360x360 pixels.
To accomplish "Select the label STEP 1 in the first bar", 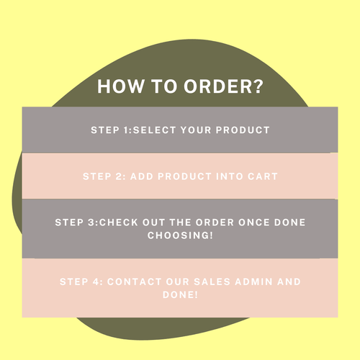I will pyautogui.click(x=110, y=130).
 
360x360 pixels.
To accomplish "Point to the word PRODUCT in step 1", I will pyautogui.click(x=243, y=130).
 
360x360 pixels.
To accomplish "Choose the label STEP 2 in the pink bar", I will pyautogui.click(x=102, y=176).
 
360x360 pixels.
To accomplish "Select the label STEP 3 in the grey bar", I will pyautogui.click(x=75, y=222).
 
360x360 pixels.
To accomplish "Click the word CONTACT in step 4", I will pyautogui.click(x=135, y=281).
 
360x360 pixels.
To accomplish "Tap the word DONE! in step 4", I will pyautogui.click(x=180, y=294).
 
